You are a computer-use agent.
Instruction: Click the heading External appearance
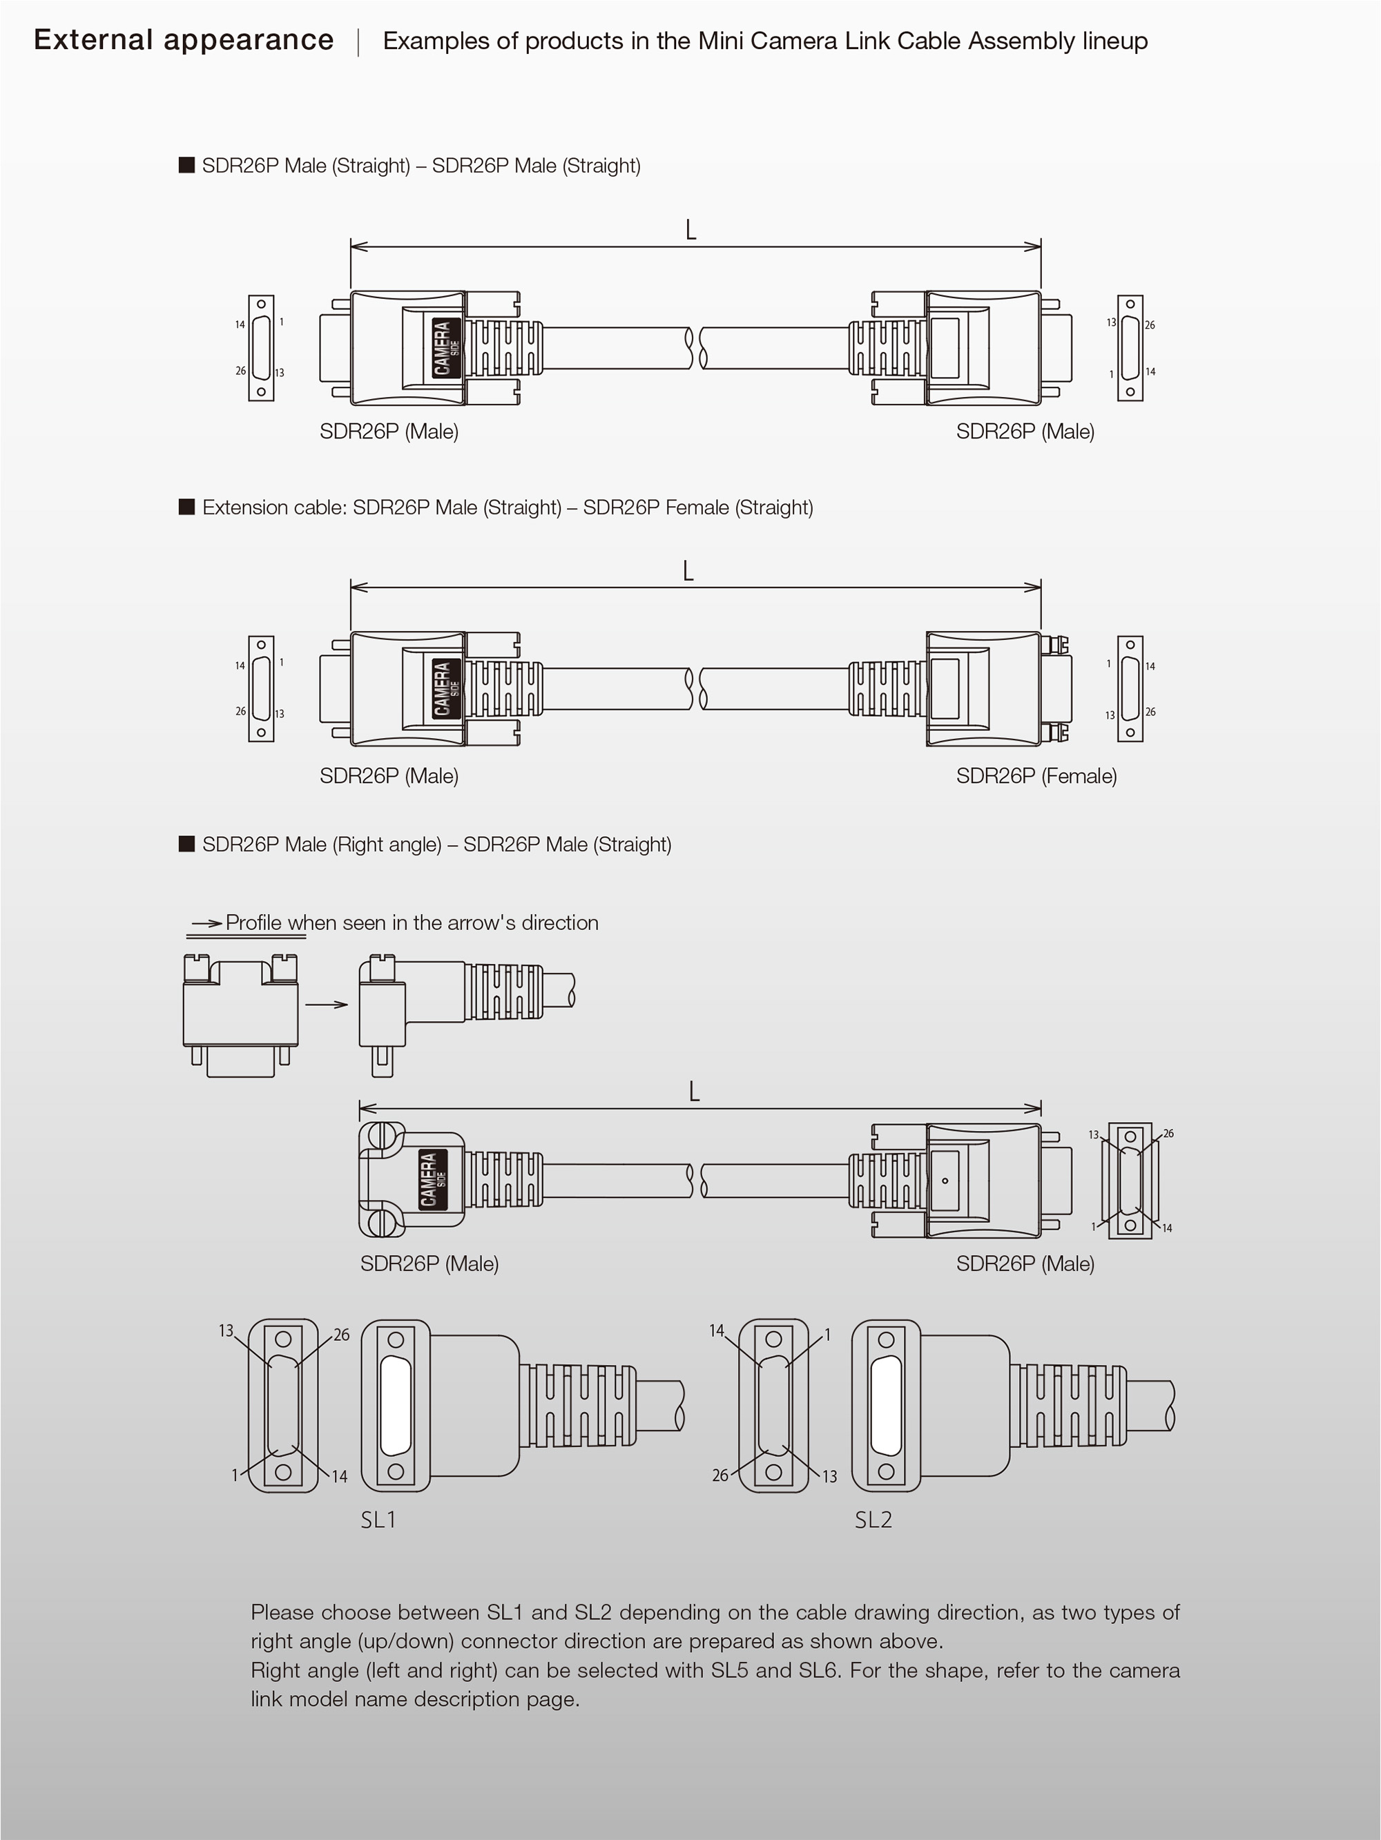tap(183, 40)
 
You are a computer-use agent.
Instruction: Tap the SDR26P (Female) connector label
tap(1036, 775)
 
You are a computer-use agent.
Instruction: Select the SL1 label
tap(378, 1520)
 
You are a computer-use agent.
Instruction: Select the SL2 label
tap(873, 1520)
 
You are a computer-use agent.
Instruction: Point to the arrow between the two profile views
tap(326, 1005)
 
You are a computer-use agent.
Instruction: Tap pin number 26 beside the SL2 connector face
tap(720, 1475)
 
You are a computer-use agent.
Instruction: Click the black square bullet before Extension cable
tap(187, 507)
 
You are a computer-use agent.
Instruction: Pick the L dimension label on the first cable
tap(690, 230)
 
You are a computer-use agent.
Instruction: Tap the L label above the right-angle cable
tap(694, 1092)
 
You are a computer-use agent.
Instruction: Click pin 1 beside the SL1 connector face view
tap(235, 1475)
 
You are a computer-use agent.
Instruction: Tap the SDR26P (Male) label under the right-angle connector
tap(429, 1263)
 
